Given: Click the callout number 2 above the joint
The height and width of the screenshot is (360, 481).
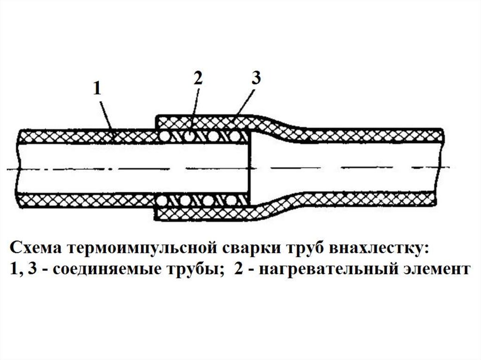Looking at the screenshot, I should [x=198, y=78].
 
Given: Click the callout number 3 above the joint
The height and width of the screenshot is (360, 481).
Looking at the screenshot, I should [x=256, y=78].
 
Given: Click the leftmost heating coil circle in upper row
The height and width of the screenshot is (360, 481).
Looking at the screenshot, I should [x=164, y=136].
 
